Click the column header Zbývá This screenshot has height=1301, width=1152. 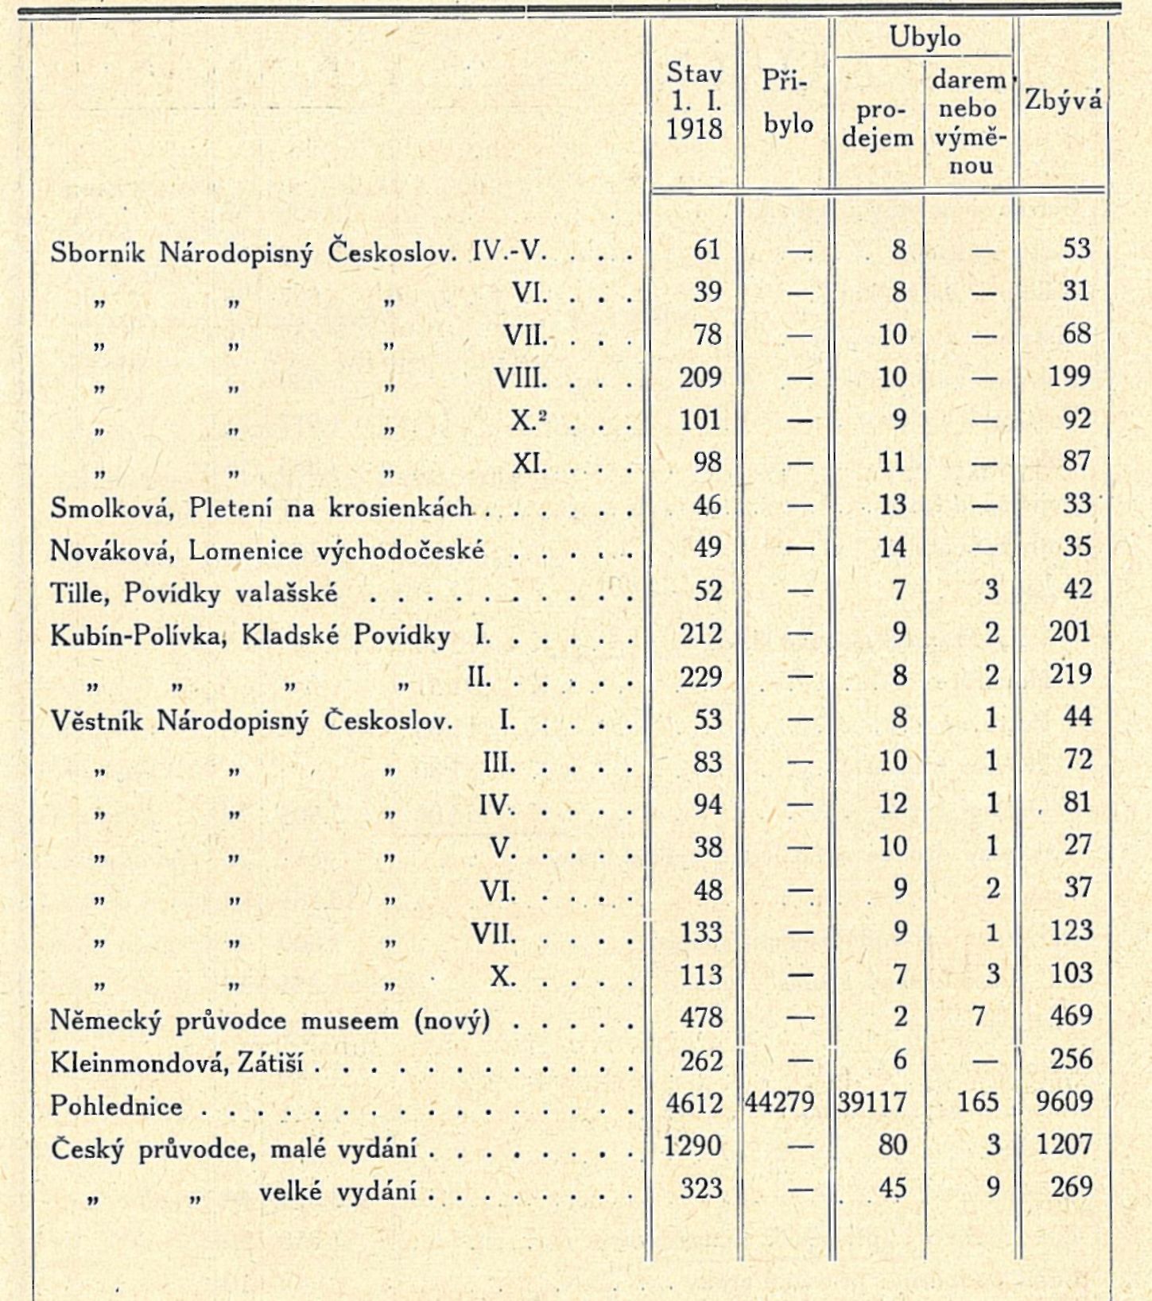(1064, 100)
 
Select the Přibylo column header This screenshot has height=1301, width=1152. (787, 102)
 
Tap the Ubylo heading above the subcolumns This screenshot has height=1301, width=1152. (925, 37)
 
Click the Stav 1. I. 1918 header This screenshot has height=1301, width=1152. (695, 101)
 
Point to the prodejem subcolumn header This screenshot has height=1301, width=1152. (878, 124)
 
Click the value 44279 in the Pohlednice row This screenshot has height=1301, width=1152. (782, 1102)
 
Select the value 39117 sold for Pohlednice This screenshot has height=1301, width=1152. (873, 1102)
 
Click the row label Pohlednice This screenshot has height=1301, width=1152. (116, 1105)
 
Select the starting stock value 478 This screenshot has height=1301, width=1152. (701, 1017)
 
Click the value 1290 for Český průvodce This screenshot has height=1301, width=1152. (693, 1145)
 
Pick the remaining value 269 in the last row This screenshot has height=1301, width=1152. (1071, 1187)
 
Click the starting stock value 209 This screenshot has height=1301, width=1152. (700, 377)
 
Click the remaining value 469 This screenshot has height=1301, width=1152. (1071, 1016)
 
